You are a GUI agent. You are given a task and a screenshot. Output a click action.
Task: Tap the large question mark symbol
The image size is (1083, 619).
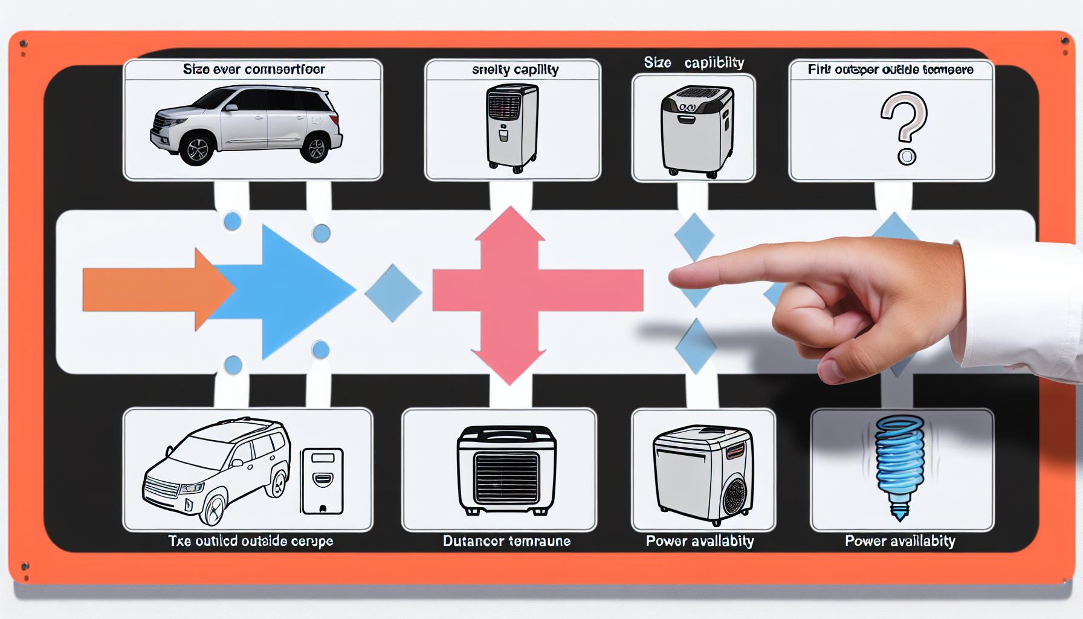(903, 125)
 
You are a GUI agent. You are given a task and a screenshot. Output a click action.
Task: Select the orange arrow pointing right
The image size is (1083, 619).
(151, 290)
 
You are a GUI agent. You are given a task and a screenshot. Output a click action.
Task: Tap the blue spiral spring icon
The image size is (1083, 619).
(900, 465)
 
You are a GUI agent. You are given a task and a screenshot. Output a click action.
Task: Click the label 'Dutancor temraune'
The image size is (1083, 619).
(506, 541)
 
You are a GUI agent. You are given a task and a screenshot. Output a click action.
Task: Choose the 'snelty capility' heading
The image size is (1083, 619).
(515, 70)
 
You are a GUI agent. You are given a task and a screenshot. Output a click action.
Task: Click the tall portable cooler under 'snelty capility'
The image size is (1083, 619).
(512, 127)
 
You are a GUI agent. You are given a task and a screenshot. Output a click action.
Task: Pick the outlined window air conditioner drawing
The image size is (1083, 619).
(506, 470)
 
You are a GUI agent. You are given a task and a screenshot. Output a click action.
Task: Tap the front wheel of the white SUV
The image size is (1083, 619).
(197, 149)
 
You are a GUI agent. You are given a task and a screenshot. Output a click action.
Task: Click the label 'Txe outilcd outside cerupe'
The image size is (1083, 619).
(250, 541)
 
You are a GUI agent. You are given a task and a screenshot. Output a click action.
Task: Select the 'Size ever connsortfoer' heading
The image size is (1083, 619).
(254, 70)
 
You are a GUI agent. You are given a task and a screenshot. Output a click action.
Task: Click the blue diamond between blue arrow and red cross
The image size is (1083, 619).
(393, 293)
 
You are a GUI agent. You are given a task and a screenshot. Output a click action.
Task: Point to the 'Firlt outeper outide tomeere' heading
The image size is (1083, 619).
(890, 70)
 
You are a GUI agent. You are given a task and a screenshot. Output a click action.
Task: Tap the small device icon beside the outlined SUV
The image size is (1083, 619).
(322, 481)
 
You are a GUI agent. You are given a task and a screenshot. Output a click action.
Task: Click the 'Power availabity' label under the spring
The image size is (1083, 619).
(900, 541)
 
